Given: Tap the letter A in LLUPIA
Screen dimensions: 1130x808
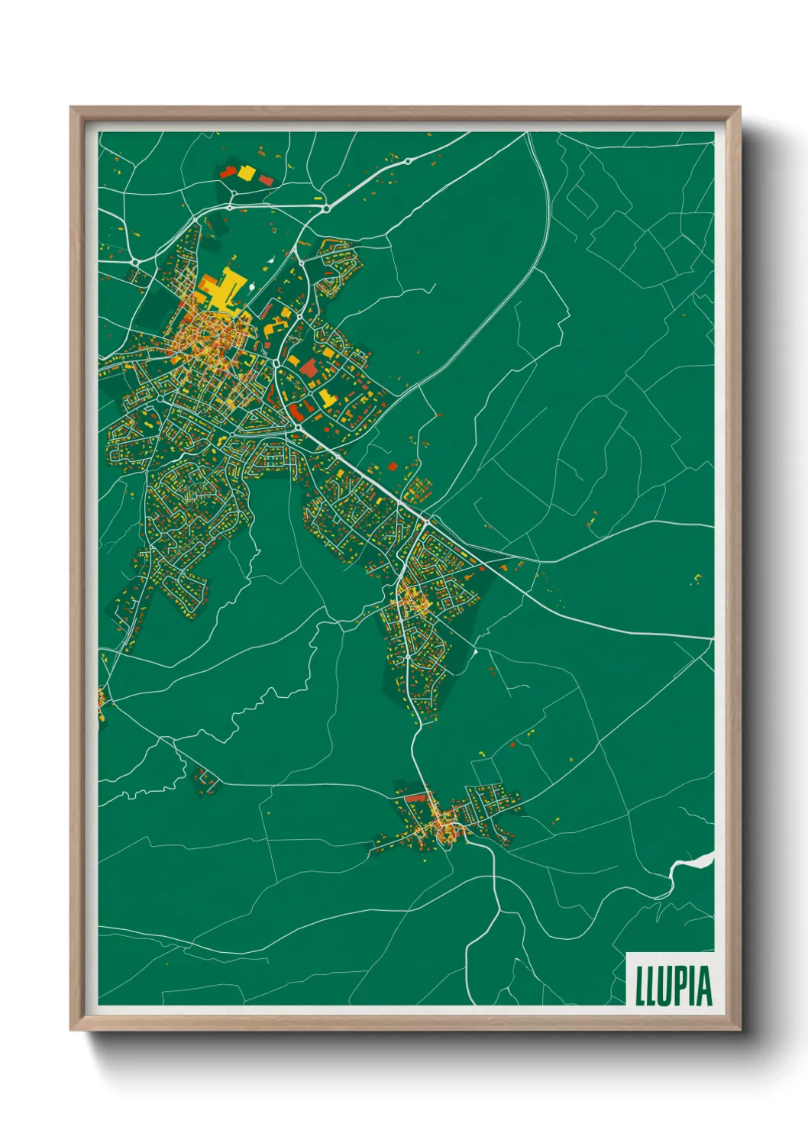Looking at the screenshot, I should click(x=704, y=985).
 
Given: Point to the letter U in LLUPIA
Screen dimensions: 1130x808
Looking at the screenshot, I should click(x=664, y=985).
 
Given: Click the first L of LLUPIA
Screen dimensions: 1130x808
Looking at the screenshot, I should click(x=640, y=985).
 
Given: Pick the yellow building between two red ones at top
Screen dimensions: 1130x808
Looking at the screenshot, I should click(x=246, y=173).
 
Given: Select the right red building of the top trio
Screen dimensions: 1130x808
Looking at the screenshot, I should click(x=266, y=180).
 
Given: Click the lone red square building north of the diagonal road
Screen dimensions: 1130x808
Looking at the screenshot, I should click(x=393, y=467).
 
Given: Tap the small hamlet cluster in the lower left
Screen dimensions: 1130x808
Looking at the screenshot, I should click(x=205, y=780).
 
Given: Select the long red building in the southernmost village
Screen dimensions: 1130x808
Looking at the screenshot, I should click(x=415, y=798).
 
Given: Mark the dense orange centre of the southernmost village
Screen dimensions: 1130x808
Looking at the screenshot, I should click(x=442, y=830).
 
